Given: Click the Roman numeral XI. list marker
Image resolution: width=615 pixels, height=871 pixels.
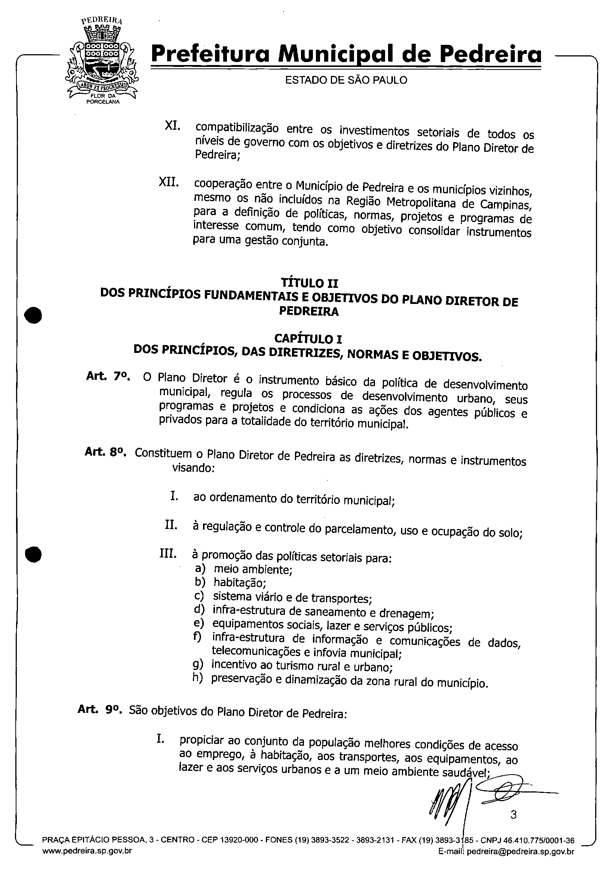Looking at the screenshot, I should [172, 126].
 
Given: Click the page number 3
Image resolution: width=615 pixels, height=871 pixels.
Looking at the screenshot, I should [513, 815].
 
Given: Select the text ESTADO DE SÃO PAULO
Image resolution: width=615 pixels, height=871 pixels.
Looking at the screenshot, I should [346, 80].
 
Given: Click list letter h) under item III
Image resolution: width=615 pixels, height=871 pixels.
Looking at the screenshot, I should [198, 678].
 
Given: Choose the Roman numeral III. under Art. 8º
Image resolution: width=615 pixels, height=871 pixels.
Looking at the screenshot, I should [168, 554].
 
